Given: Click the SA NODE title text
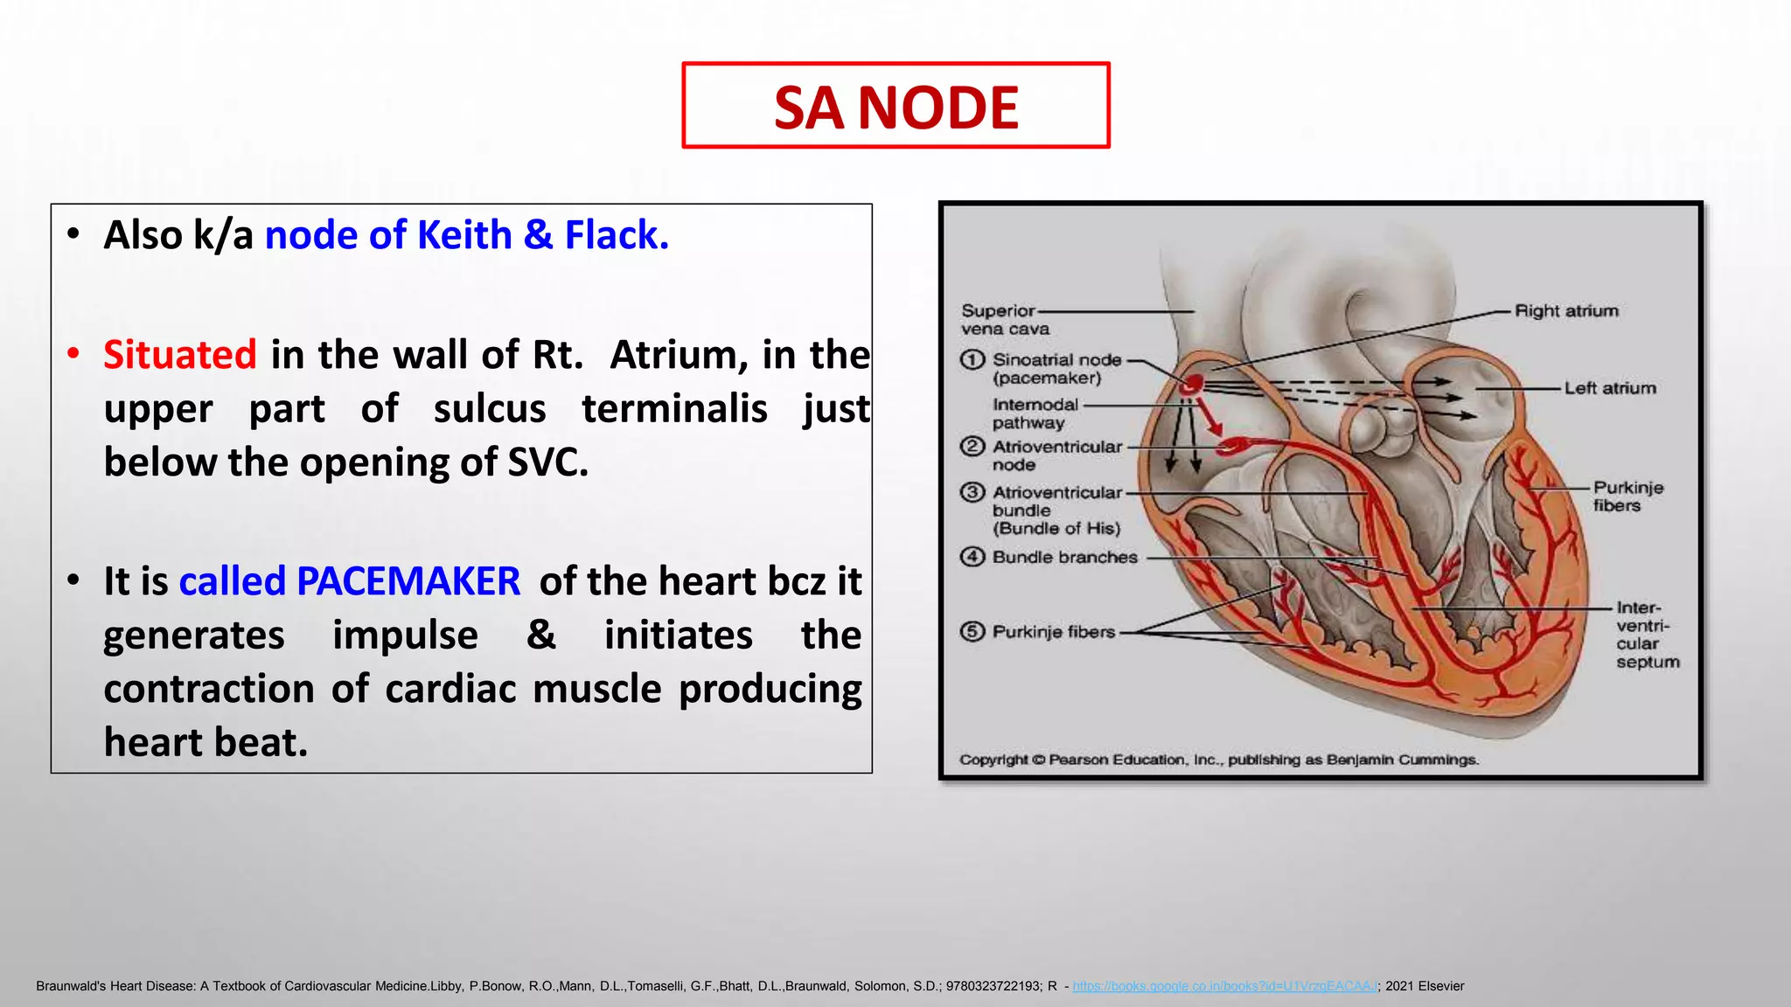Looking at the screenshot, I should pos(895,108).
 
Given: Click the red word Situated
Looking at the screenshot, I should pos(179,355).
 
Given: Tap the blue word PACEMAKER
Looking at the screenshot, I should pos(408,581).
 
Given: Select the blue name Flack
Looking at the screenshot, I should pos(616,235).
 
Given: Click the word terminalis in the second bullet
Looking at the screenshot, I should pos(674,409).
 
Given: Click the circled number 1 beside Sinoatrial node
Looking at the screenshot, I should pos(972,360).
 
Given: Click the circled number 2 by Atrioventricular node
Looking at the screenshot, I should pos(972,447).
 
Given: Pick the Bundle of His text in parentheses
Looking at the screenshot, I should pos(1056,529).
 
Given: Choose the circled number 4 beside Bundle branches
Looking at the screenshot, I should pos(972,557).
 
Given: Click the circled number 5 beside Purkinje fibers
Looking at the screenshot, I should pos(972,631).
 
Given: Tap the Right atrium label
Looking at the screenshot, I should pos(1565,311).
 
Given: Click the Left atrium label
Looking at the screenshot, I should pos(1609,388).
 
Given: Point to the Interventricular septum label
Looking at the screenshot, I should pos(1646,635).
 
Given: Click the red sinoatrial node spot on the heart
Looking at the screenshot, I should pos(1192,384).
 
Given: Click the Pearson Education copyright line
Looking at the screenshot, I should pos(1218,760).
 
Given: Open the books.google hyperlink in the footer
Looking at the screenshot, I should pos(1224,986).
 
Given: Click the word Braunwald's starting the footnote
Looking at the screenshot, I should pos(71,986).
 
